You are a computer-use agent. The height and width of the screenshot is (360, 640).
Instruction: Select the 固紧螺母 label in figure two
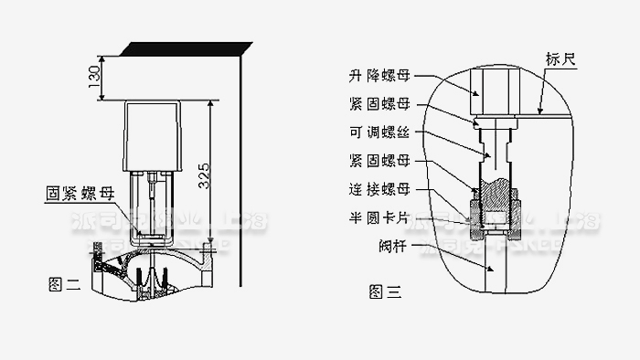pos(80,194)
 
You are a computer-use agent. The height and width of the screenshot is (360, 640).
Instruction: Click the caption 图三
pos(384,292)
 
